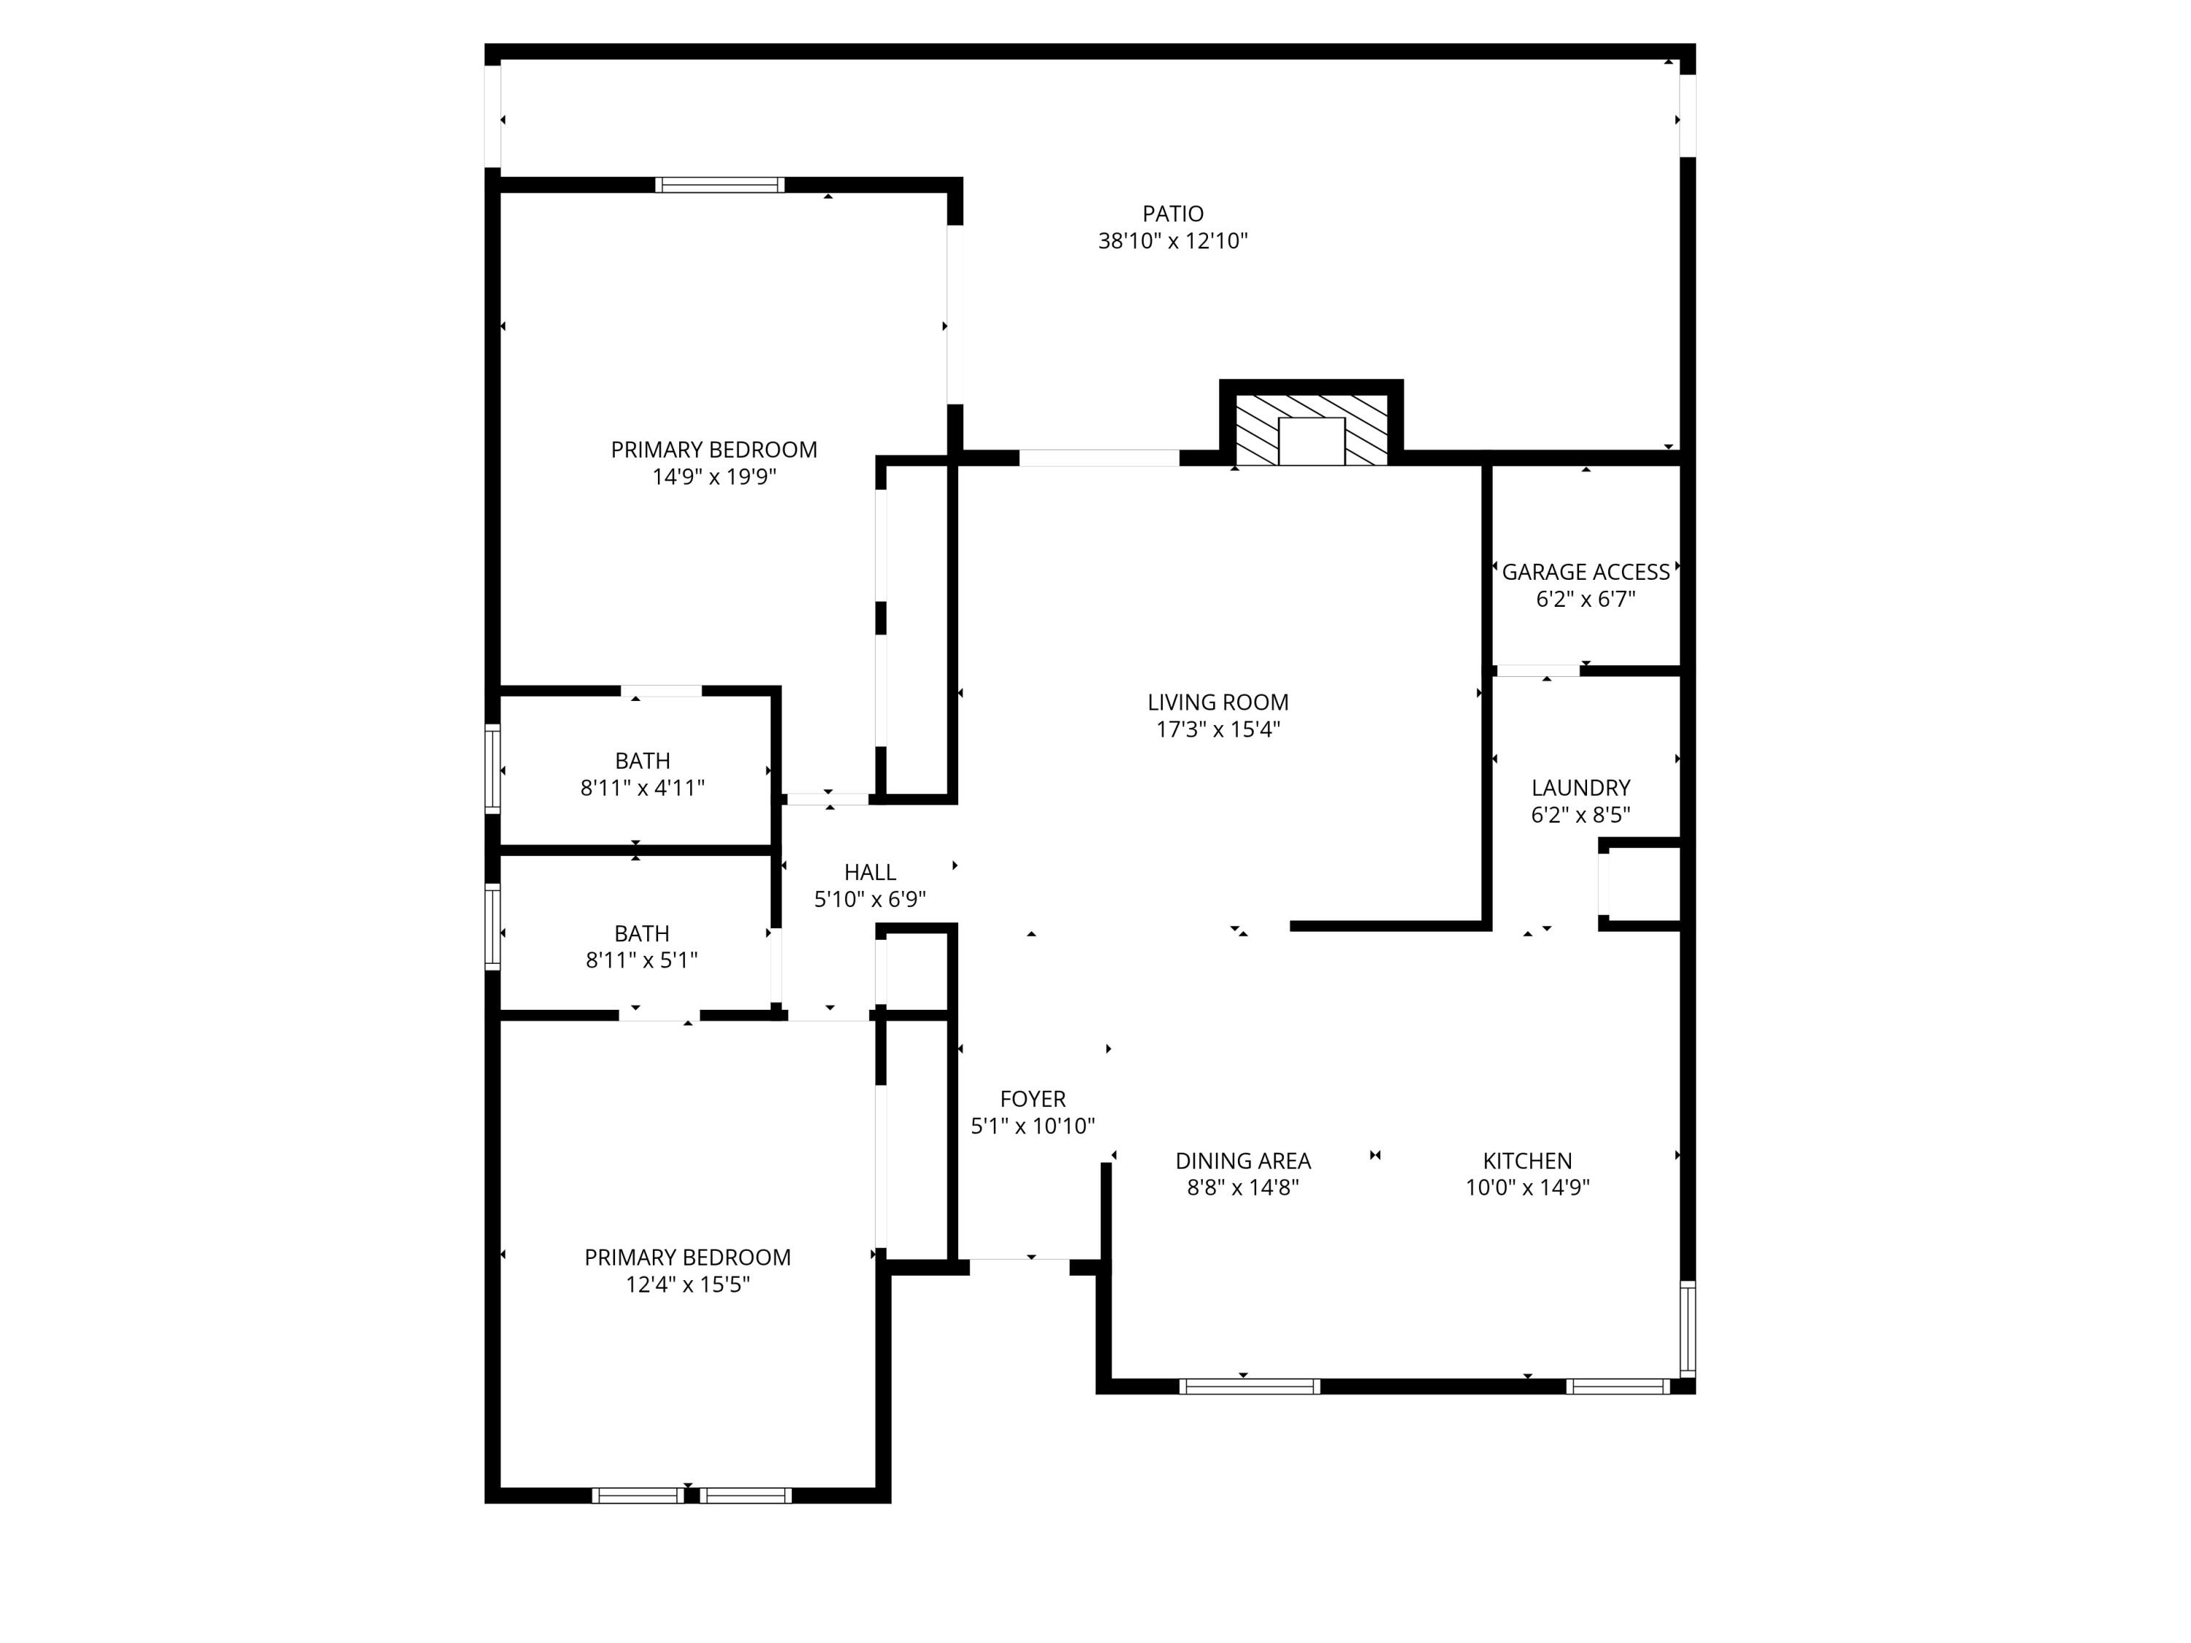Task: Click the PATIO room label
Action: [x=1173, y=213]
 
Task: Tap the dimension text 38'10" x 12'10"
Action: [x=1173, y=241]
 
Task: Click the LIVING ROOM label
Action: [x=1217, y=702]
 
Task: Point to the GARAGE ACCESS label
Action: [x=1585, y=572]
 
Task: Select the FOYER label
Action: [x=1032, y=1098]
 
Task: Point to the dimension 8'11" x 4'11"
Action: [x=642, y=789]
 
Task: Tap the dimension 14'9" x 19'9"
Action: [x=713, y=476]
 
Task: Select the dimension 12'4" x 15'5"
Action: [x=687, y=1284]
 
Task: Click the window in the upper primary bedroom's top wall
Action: [x=719, y=184]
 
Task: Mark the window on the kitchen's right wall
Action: [x=1687, y=1328]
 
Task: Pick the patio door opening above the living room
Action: [x=1098, y=458]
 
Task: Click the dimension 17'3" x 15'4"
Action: [x=1217, y=730]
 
